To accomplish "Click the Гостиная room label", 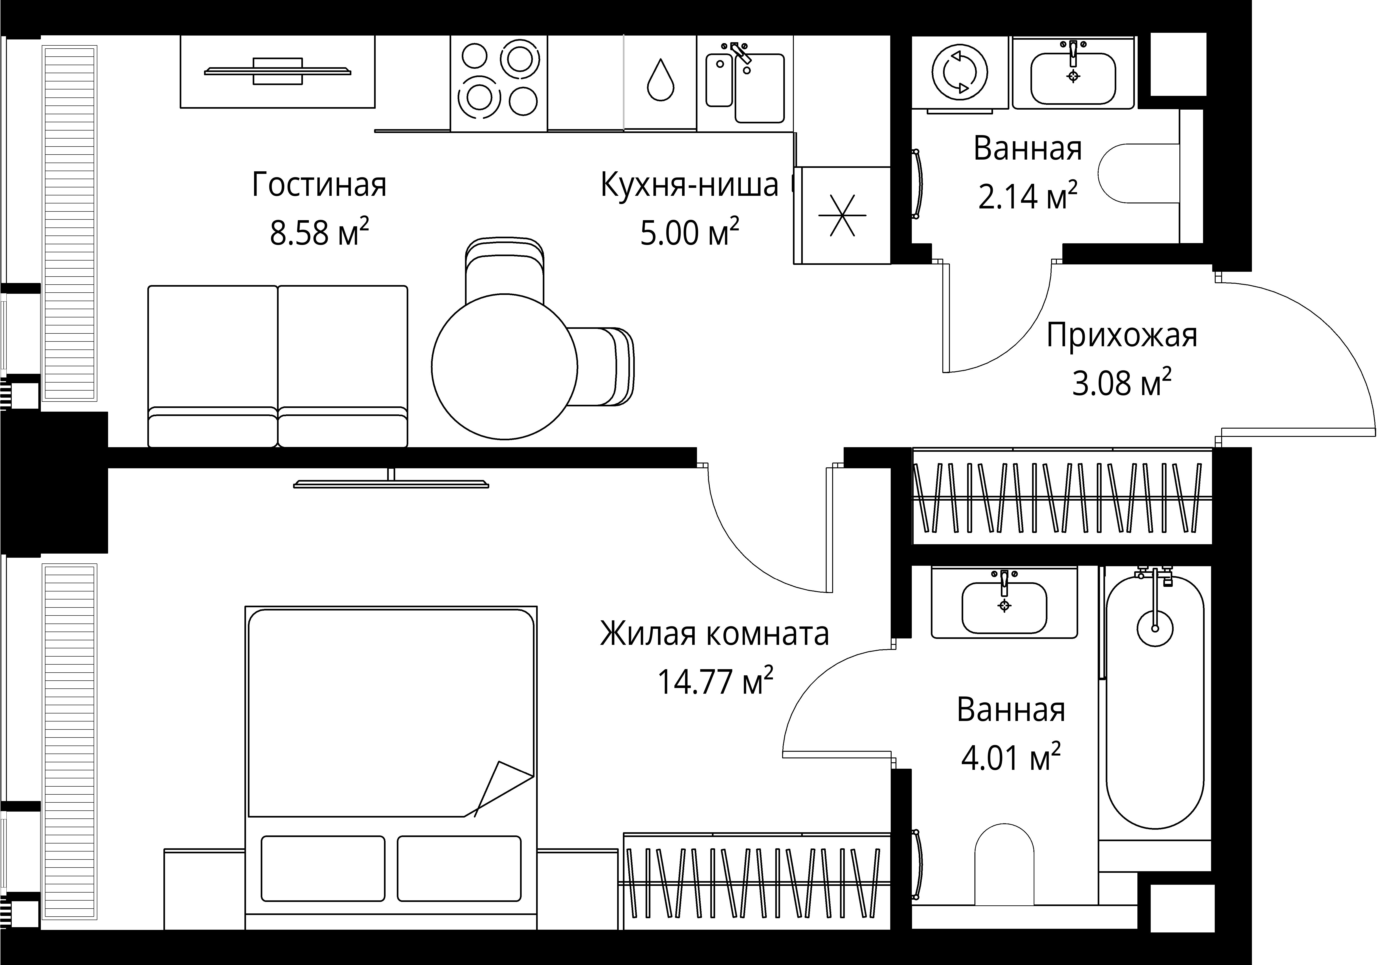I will tap(319, 185).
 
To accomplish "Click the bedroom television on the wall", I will tap(391, 482).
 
